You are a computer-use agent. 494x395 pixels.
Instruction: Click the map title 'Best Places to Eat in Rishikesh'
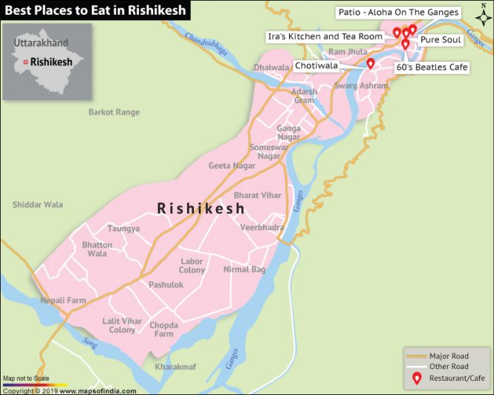point(95,10)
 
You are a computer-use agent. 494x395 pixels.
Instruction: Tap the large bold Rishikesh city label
point(201,209)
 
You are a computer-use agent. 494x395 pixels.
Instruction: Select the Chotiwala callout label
point(316,66)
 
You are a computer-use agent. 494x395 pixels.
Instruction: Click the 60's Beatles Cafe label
point(432,68)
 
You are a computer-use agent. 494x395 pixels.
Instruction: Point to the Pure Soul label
point(441,40)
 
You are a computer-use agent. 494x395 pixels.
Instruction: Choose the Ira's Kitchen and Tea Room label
point(325,36)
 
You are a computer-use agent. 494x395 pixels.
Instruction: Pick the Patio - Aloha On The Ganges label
point(398,13)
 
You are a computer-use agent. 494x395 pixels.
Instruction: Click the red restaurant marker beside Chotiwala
point(370,63)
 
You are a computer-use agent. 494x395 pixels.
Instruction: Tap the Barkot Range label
point(114,112)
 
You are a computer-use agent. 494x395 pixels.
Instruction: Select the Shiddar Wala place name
point(38,204)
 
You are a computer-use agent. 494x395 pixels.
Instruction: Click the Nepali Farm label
point(63,300)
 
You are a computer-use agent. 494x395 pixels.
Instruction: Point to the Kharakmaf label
point(176,367)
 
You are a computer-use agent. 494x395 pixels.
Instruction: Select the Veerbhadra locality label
point(262,227)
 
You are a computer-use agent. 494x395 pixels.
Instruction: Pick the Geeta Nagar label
point(232,166)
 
